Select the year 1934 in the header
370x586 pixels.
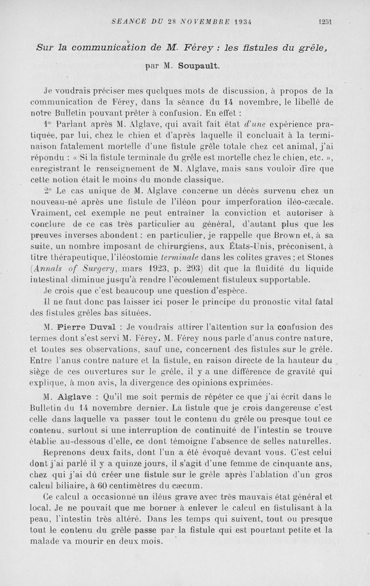click(247, 21)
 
